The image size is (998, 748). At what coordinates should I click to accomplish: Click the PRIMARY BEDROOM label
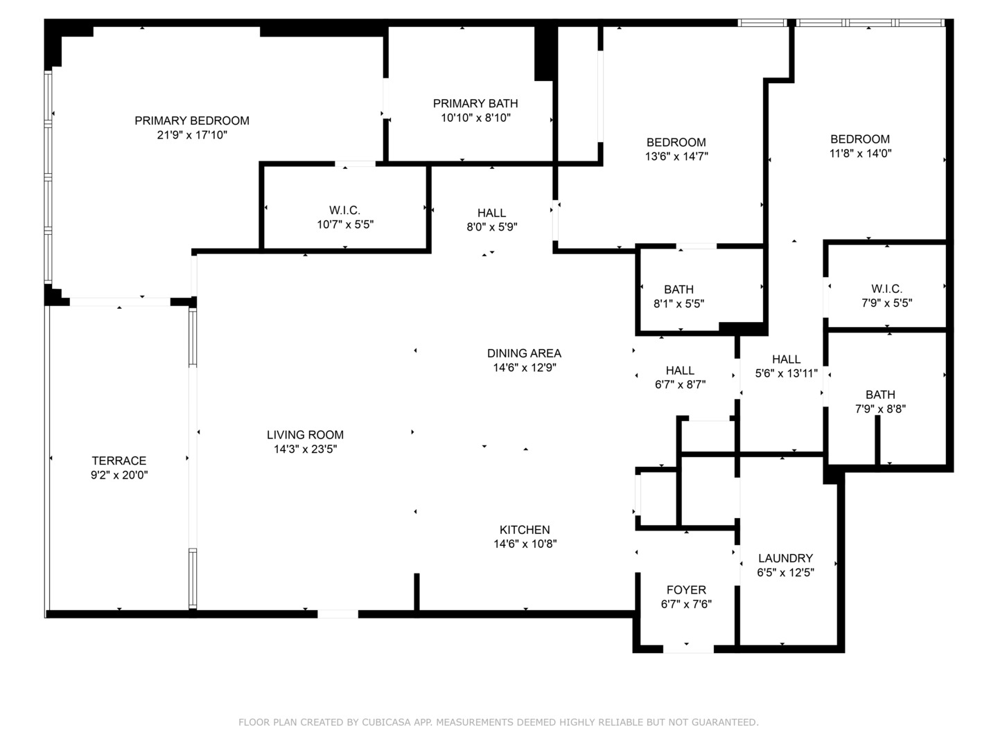(192, 121)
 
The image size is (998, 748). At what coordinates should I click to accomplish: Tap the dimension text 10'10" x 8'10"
(475, 118)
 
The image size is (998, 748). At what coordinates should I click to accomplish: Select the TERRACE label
(119, 461)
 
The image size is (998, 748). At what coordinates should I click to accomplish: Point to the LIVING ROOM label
(305, 435)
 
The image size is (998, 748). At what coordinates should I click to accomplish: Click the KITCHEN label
(525, 530)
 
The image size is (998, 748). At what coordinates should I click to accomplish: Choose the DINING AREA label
(524, 353)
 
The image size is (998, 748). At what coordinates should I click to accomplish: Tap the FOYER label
(686, 590)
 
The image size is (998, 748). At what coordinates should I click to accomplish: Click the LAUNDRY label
(785, 558)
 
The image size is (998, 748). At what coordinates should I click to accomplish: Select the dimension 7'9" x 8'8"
(880, 409)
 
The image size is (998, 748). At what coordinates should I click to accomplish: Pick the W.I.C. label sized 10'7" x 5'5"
(344, 211)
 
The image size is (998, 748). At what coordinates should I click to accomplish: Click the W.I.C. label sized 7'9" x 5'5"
(886, 289)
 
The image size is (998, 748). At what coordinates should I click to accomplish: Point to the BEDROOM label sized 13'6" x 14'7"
(676, 143)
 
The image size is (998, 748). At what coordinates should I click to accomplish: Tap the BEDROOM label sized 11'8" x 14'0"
(860, 139)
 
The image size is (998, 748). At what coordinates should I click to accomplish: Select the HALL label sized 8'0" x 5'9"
(491, 213)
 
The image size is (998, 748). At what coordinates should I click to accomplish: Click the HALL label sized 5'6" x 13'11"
(786, 359)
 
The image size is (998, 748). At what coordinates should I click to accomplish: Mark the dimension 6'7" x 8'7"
(680, 384)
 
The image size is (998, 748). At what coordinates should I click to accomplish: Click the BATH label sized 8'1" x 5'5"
(679, 290)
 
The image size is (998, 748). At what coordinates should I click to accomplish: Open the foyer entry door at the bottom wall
(688, 649)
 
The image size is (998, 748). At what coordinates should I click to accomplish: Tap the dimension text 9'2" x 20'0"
(119, 475)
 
